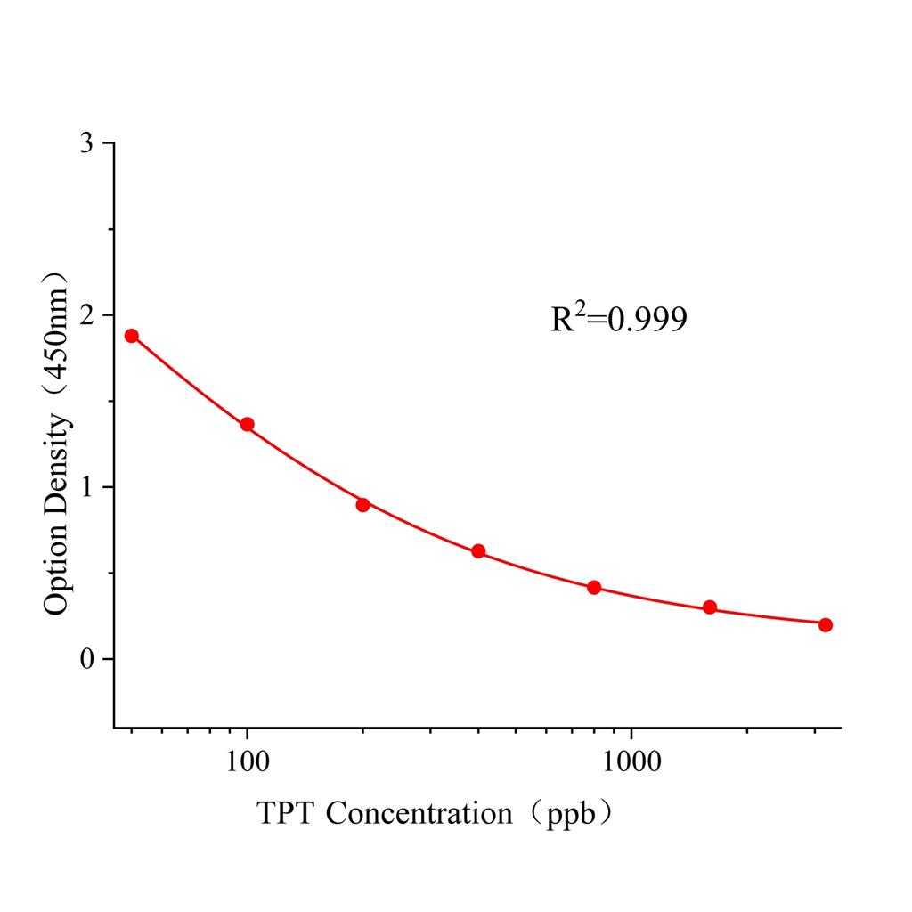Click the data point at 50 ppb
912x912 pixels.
132,336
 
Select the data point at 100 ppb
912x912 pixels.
247,425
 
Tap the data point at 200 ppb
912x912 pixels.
362,505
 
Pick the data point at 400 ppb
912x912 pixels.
478,551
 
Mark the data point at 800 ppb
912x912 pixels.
594,588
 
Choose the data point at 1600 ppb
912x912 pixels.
710,607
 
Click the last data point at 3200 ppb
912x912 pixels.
826,625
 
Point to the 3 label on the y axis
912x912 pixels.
86,143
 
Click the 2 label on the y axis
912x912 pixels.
86,315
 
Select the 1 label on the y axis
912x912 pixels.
86,487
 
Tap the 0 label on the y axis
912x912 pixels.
86,659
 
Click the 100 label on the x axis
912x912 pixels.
247,762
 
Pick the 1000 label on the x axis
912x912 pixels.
631,762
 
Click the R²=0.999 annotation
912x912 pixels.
619,318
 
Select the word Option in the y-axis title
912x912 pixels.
56,573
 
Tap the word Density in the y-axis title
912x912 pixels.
56,472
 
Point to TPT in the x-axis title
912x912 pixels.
287,813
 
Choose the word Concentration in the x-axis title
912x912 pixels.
419,813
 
